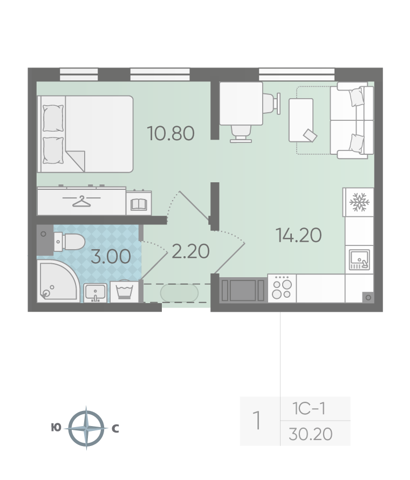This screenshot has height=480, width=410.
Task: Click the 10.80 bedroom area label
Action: tap(170, 133)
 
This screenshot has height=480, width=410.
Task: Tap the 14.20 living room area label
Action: tap(298, 235)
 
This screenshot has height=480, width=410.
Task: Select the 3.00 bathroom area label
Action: tap(111, 257)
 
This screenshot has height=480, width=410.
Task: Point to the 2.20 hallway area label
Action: tap(190, 251)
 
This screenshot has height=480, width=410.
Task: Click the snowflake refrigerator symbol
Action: tap(359, 202)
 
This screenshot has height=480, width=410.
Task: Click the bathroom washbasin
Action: tap(95, 293)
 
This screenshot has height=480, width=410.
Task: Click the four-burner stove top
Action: tap(282, 288)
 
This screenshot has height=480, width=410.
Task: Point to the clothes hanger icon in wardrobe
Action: tap(81, 201)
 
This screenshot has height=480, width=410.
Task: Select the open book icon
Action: tap(139, 204)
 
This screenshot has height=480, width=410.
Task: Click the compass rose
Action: tap(86, 428)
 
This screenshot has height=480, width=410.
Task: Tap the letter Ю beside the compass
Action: tap(56, 427)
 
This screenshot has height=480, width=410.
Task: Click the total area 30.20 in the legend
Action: tap(311, 434)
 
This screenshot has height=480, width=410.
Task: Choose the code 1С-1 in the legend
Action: tap(309, 409)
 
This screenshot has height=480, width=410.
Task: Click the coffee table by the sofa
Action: tap(301, 120)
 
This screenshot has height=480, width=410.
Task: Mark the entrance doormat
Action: tap(180, 293)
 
